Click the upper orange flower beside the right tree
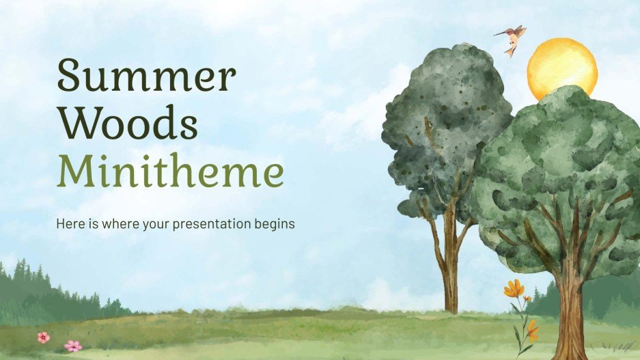coord(514,288)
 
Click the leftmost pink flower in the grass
coord(43,337)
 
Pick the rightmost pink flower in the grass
coord(72,346)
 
